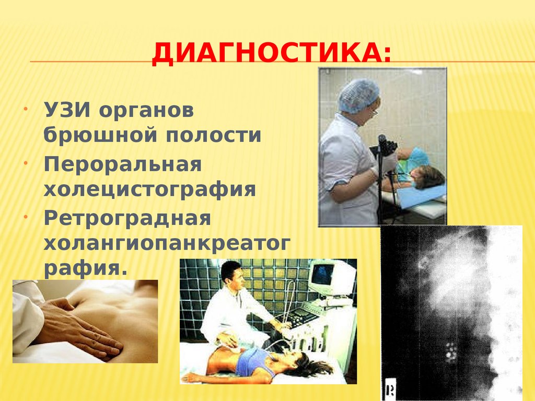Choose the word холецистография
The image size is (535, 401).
pos(149,189)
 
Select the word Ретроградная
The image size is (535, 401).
pos(127,218)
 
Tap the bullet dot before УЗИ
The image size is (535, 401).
pos(26,111)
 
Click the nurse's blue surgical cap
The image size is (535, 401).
pos(358,95)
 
